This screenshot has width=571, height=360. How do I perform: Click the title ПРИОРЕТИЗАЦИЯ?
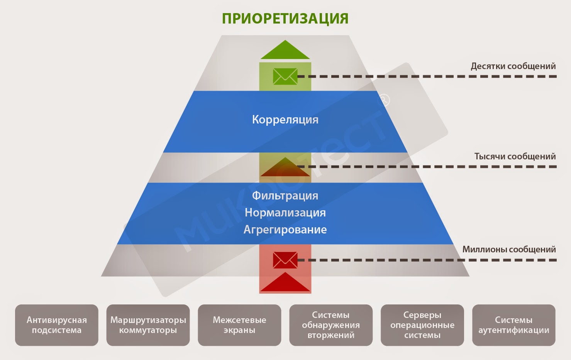click(285, 19)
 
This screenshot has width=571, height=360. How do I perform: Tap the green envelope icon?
click(285, 76)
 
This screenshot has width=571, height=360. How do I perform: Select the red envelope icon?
click(285, 260)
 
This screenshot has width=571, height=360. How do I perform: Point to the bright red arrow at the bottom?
click(285, 283)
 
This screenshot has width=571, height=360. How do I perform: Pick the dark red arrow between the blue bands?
click(285, 168)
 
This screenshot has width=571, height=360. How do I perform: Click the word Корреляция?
click(285, 120)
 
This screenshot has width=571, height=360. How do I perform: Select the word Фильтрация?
click(285, 196)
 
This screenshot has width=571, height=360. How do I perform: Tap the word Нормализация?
click(285, 213)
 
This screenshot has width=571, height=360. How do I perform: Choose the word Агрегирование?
click(285, 230)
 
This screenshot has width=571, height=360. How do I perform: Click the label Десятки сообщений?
click(513, 66)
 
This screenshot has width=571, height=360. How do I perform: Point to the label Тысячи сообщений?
click(515, 156)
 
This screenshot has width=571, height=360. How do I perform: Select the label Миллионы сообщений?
click(509, 249)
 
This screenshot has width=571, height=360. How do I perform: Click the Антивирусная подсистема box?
click(57, 325)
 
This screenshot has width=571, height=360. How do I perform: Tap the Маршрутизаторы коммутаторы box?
click(148, 325)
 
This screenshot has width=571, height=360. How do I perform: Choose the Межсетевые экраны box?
click(239, 325)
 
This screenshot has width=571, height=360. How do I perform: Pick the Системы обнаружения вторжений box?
click(331, 325)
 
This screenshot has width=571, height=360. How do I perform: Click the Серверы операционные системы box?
click(422, 325)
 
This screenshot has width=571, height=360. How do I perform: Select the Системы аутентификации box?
click(513, 325)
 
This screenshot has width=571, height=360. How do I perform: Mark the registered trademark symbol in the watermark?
click(385, 100)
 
